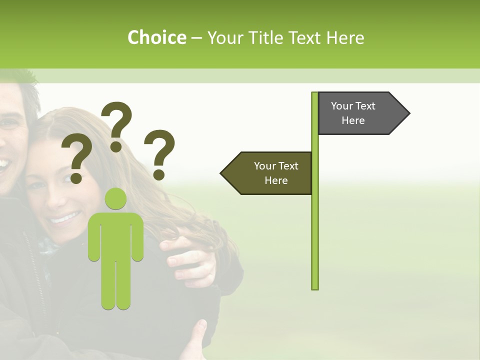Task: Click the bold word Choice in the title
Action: (x=156, y=37)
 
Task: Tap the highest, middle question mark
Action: (x=116, y=125)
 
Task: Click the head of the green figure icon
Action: (x=115, y=199)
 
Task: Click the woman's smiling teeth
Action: (x=65, y=218)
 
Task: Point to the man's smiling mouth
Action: (x=3, y=163)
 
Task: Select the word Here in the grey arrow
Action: (x=353, y=120)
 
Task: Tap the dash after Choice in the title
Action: (x=196, y=38)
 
